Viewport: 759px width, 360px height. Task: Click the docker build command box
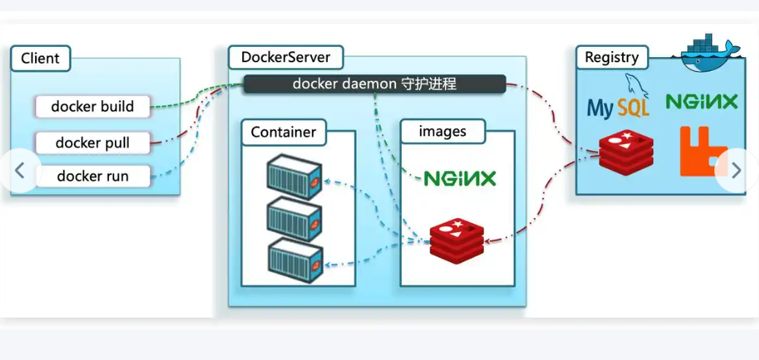(x=92, y=107)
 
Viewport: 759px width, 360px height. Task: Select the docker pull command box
(x=92, y=143)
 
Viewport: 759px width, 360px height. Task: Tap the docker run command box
(x=92, y=176)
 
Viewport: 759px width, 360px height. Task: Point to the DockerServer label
(x=285, y=58)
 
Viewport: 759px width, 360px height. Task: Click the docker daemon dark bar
(x=374, y=84)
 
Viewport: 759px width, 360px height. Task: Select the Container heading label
(x=283, y=132)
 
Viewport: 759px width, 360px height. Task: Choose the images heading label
(x=442, y=132)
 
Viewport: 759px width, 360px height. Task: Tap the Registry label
(x=611, y=58)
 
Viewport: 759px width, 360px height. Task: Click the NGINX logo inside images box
(x=460, y=178)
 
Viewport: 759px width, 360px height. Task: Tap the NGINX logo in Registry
(x=702, y=102)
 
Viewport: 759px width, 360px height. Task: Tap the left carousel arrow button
(x=20, y=171)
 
